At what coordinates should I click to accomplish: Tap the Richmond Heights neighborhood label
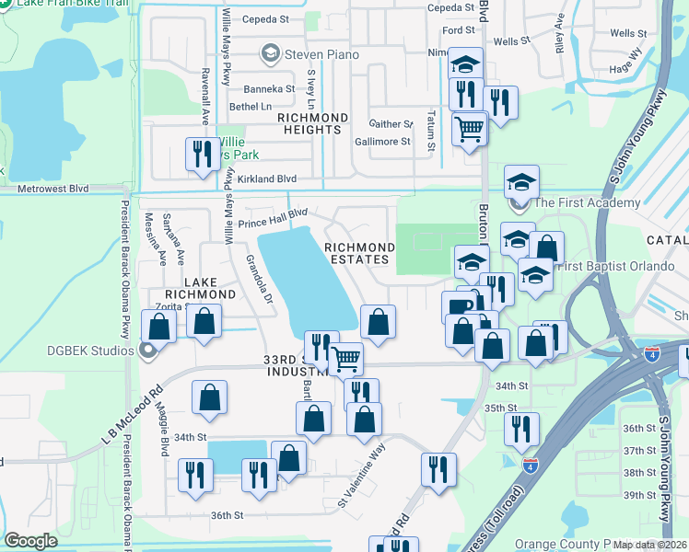coord(313,123)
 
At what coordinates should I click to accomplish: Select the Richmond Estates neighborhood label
coord(359,253)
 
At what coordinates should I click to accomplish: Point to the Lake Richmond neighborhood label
coord(196,287)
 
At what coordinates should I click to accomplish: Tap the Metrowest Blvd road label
coord(53,189)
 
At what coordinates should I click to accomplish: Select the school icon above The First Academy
coord(521,181)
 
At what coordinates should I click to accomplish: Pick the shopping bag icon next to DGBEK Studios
coord(159,327)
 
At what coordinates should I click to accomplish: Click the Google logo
coord(30,541)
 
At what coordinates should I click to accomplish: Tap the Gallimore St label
coord(382,142)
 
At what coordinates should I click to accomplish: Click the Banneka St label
coord(269,89)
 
